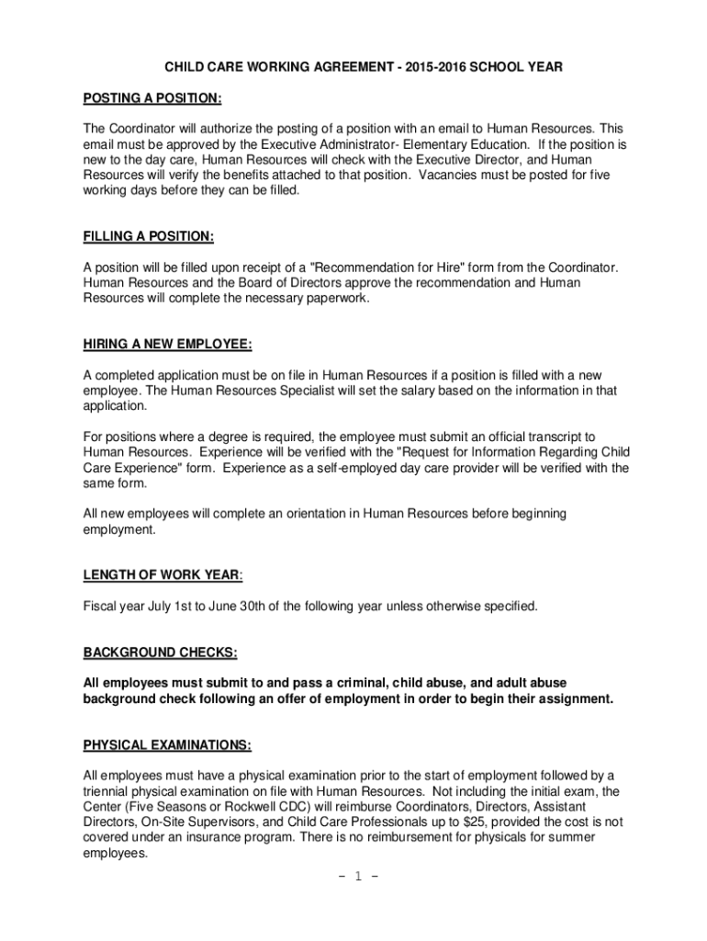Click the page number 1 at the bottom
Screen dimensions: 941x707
(x=353, y=875)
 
